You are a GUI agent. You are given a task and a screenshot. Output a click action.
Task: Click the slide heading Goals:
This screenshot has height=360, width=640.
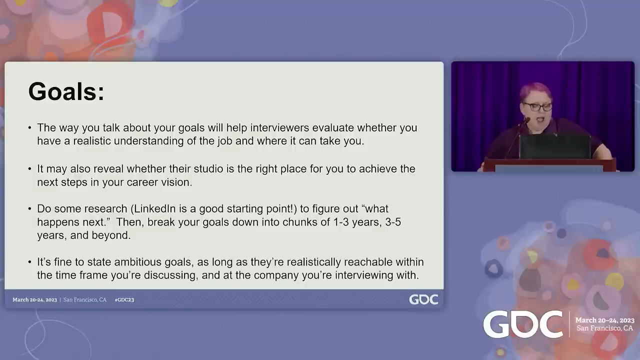[66, 91]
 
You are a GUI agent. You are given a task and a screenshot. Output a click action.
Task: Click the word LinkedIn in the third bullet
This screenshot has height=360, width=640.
[154, 209]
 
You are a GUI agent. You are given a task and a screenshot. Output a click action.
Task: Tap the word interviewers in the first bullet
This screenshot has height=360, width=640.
[279, 127]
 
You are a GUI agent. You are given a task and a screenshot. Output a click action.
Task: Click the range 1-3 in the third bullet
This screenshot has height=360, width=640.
[341, 222]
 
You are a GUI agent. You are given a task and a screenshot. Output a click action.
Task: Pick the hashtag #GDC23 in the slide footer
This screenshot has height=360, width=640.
[124, 299]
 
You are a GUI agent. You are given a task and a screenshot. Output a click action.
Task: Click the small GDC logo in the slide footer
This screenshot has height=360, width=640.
[423, 299]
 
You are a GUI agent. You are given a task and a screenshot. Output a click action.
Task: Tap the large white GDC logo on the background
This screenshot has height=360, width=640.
[523, 324]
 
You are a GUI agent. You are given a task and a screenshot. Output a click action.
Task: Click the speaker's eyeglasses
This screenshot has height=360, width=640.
[537, 107]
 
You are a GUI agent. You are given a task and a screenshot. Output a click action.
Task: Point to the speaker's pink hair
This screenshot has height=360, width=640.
[535, 91]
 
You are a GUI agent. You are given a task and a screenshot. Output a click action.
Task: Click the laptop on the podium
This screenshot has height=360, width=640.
[555, 146]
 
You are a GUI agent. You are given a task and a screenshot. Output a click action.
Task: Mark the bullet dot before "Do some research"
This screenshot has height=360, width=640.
[29, 209]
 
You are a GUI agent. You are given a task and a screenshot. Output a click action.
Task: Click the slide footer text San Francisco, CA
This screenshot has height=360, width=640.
[85, 299]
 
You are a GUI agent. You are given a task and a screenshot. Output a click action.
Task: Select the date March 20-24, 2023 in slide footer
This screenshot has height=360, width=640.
[34, 299]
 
